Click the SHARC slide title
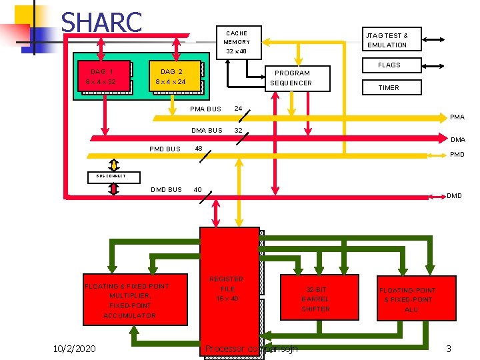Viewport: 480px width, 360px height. tap(101, 22)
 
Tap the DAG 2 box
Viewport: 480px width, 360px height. tap(171, 77)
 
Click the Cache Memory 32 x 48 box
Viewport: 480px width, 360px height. tap(236, 42)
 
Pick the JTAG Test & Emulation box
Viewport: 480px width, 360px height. tap(387, 40)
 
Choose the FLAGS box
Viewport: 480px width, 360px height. tap(389, 65)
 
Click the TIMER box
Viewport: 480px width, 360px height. tap(389, 87)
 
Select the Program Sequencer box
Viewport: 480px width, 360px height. tap(291, 78)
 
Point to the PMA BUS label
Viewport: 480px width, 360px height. tap(205, 109)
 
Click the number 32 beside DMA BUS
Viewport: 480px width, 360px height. tap(238, 131)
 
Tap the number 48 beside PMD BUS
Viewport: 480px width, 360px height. tap(198, 149)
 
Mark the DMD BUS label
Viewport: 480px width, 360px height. tap(166, 190)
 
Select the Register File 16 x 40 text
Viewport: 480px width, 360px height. tap(227, 289)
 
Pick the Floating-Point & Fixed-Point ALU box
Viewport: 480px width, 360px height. tap(417, 300)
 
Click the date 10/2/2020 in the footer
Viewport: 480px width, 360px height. tap(75, 349)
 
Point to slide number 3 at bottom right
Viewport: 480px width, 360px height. tap(449, 349)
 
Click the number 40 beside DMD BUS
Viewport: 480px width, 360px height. tap(198, 190)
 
